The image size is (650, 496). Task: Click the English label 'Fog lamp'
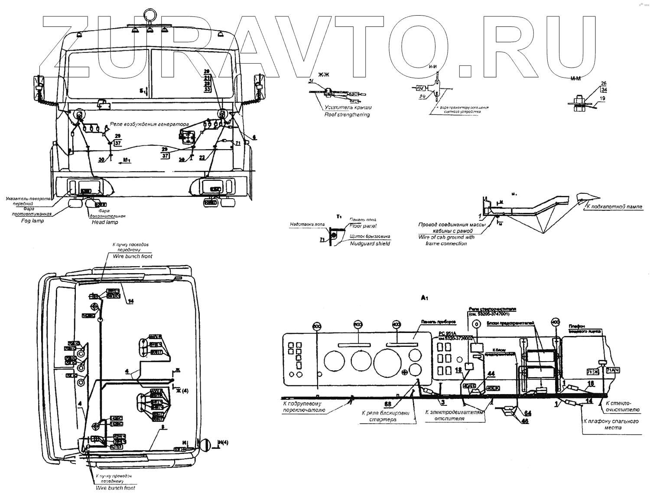coord(32,221)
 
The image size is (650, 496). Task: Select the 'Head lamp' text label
coord(105,222)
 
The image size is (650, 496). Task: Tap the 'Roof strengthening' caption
coord(347,114)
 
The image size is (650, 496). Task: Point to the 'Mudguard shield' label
coord(370,244)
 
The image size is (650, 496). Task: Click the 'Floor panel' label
coord(363,226)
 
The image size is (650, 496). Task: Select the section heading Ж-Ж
coord(324,75)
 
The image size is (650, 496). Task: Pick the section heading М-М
coord(575,78)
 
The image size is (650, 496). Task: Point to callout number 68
coord(387,404)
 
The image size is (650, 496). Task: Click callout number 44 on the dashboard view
coord(491,373)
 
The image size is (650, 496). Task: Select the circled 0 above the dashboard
coord(476,323)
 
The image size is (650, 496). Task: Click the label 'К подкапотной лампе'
coord(614,207)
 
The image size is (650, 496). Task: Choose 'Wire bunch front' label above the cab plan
coord(133,256)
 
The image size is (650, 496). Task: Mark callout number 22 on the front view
coord(202,158)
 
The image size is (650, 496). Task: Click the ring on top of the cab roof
coord(150,13)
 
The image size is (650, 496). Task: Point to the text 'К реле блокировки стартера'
coord(385,416)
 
